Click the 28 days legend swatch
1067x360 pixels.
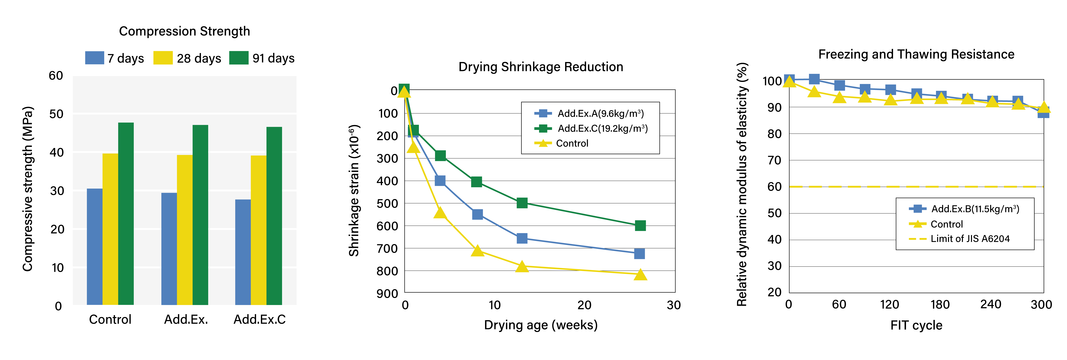click(163, 58)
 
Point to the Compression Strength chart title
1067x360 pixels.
click(184, 31)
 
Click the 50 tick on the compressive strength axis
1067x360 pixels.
click(56, 114)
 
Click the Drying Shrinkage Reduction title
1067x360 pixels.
click(541, 67)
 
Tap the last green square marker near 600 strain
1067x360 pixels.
click(640, 225)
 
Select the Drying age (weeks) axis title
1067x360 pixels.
click(541, 325)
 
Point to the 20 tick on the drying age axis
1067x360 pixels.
click(584, 305)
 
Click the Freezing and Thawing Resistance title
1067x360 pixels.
click(916, 54)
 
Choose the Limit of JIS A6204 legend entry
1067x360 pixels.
click(970, 239)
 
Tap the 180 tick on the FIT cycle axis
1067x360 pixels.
click(940, 305)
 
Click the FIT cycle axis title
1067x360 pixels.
click(916, 325)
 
